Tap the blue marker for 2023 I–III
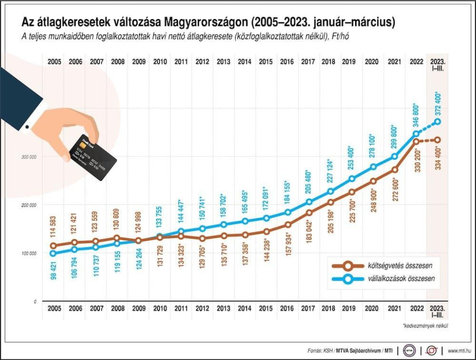[438, 122]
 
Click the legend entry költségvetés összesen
[386, 266]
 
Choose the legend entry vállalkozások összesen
[386, 279]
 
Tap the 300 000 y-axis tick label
[29, 157]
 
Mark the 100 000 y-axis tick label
[29, 253]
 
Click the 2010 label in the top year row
[160, 61]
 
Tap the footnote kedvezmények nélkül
[423, 327]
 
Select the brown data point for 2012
[202, 238]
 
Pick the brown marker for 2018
[331, 202]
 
